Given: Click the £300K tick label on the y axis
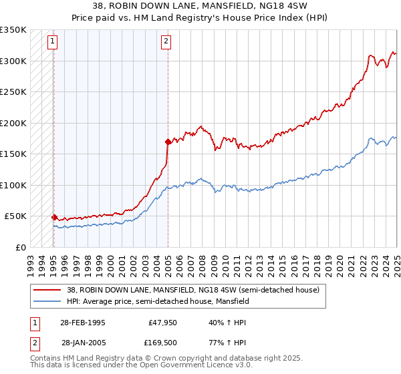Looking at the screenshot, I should [x=13, y=61].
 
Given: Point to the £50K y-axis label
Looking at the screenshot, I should [x=15, y=216].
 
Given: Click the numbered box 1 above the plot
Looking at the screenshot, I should [x=53, y=41].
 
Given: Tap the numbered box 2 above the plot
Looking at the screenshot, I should [x=166, y=41].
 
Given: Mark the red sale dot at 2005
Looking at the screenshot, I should [x=168, y=142].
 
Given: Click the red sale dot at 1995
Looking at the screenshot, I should [x=53, y=217].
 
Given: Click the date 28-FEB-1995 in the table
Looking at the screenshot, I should [x=83, y=323].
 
